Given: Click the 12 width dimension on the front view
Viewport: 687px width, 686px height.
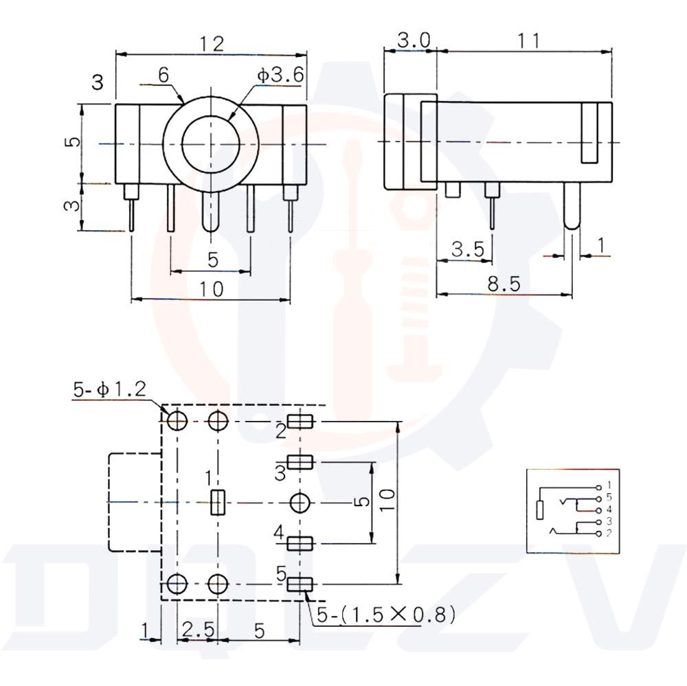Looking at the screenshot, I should tap(212, 44).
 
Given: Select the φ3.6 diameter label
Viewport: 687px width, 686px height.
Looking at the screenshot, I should tap(280, 75).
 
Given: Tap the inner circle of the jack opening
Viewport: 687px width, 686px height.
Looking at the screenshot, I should tap(210, 144).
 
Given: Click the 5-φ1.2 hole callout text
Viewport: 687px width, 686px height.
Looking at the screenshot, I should tap(109, 389).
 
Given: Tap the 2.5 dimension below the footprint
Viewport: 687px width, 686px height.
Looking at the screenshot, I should tap(197, 629).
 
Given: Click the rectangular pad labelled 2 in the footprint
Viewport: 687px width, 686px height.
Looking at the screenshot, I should tap(300, 422).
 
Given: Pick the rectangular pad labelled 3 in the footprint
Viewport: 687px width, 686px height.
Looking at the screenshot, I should tap(300, 461).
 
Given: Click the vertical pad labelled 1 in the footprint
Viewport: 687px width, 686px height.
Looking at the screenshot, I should tap(217, 503).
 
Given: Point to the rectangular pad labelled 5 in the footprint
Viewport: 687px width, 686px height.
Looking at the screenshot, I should tap(300, 584).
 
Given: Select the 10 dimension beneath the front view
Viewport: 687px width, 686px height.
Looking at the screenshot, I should tap(212, 289).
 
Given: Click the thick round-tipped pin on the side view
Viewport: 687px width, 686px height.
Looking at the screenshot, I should tap(572, 206).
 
